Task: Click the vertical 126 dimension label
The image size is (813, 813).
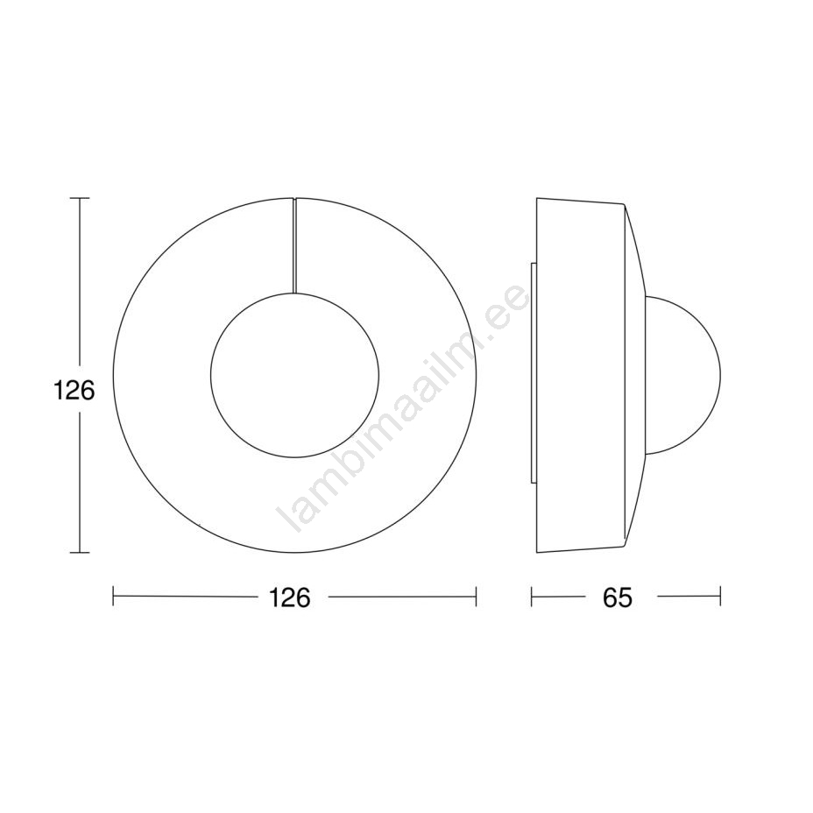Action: [74, 391]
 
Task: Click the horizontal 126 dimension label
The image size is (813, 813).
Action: [289, 597]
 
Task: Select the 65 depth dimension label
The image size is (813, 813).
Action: [618, 597]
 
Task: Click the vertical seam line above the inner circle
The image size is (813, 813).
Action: [294, 245]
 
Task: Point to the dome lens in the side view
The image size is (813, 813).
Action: [718, 374]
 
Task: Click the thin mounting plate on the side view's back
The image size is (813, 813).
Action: [534, 374]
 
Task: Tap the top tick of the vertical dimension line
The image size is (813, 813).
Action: [80, 198]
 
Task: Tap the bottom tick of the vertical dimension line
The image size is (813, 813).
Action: [80, 553]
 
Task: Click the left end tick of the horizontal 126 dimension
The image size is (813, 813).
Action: [113, 597]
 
